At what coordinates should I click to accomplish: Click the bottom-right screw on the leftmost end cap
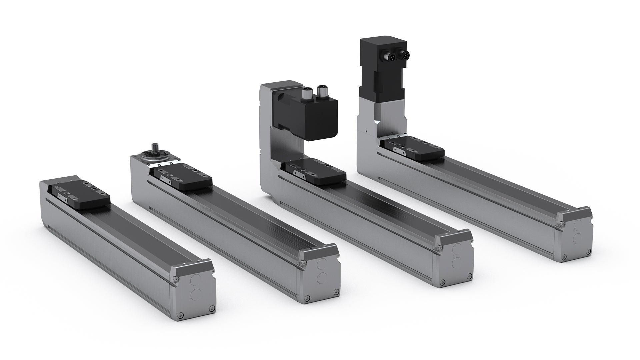[x=211, y=308]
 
